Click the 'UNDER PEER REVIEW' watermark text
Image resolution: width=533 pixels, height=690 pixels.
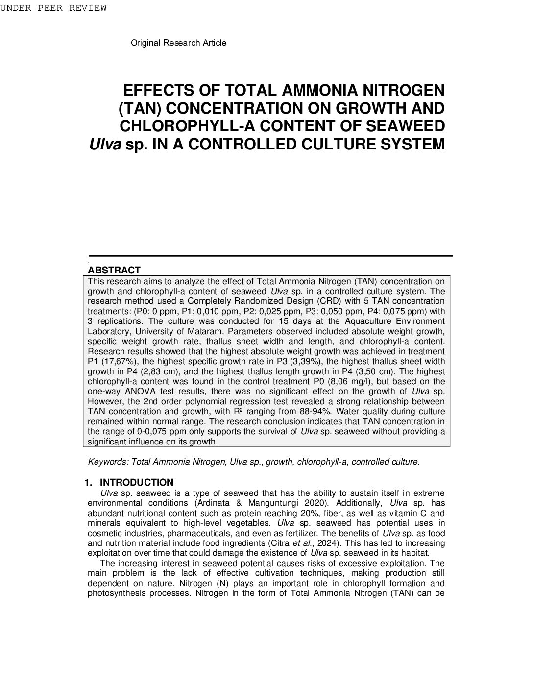[x=53, y=8]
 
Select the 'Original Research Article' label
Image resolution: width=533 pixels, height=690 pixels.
[x=178, y=43]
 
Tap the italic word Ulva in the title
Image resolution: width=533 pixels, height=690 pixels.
[x=105, y=145]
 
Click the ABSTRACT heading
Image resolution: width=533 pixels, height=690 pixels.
[x=114, y=270]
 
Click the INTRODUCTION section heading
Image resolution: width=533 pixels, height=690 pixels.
[x=140, y=482]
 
